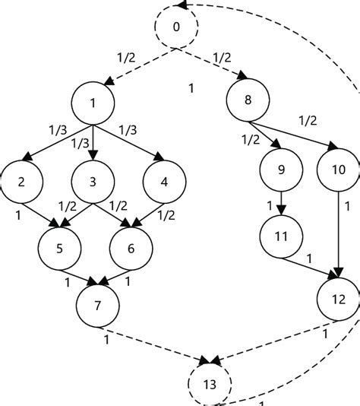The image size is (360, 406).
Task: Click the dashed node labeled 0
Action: [176, 28]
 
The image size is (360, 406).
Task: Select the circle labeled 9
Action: [282, 170]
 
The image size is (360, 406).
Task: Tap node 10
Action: [338, 170]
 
